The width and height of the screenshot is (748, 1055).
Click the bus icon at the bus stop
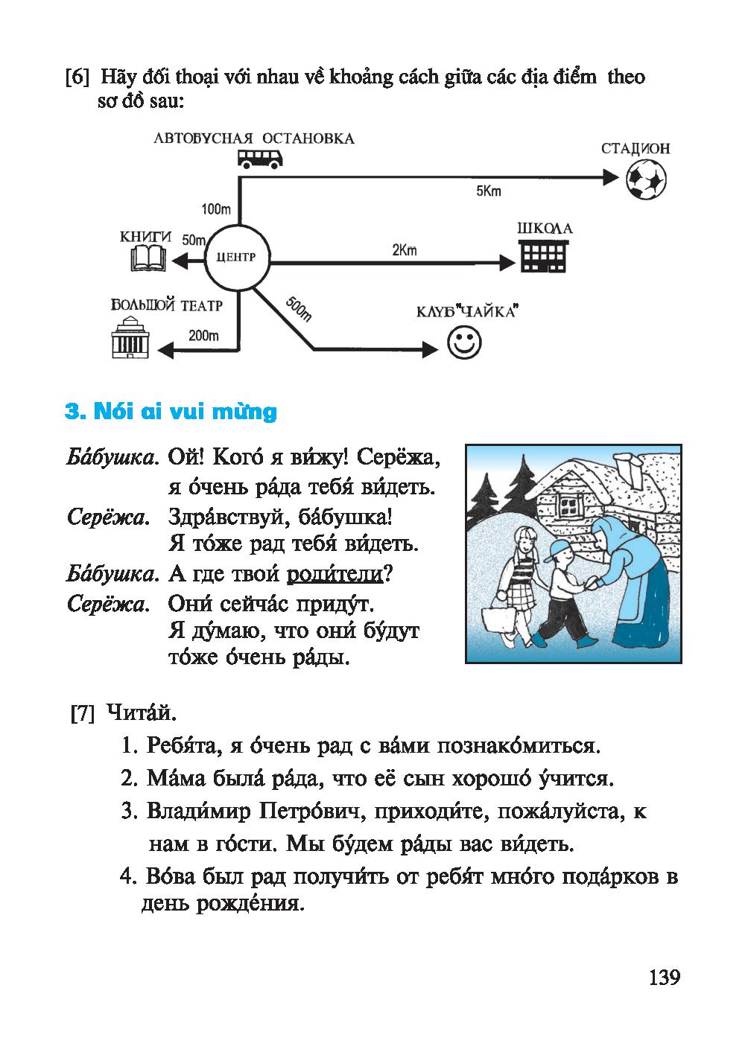pyautogui.click(x=260, y=159)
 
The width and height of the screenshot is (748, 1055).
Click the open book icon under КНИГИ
pyautogui.click(x=148, y=259)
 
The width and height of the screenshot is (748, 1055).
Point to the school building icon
pyautogui.click(x=542, y=258)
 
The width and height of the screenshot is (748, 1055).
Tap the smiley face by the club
pyautogui.click(x=464, y=343)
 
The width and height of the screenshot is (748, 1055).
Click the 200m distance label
pyautogui.click(x=203, y=335)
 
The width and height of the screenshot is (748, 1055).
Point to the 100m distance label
pyautogui.click(x=216, y=209)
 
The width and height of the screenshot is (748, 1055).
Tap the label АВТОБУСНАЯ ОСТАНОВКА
pyautogui.click(x=254, y=138)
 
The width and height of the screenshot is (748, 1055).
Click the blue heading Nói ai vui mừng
pyautogui.click(x=171, y=412)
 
